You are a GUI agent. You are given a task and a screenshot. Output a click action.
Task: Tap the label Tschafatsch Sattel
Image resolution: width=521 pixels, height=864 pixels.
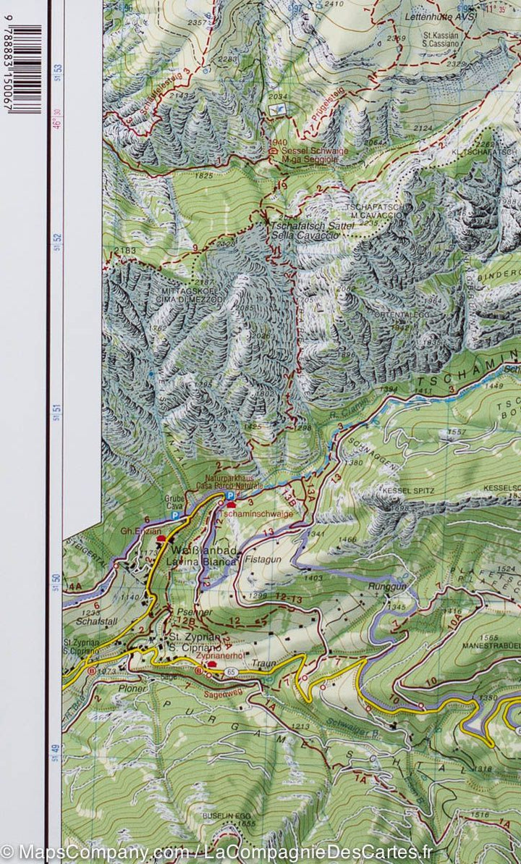312,226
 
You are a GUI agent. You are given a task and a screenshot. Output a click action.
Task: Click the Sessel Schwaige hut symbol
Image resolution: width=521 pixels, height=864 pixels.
273,151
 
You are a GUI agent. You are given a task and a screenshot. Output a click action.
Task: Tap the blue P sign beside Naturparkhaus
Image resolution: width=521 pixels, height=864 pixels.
229,495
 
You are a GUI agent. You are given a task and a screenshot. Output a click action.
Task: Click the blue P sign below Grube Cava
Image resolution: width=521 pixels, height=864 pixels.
176,515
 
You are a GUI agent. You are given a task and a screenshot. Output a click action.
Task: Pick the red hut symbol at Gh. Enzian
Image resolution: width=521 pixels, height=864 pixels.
161,540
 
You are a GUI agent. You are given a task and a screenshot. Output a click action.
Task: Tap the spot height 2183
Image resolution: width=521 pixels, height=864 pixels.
124,251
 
